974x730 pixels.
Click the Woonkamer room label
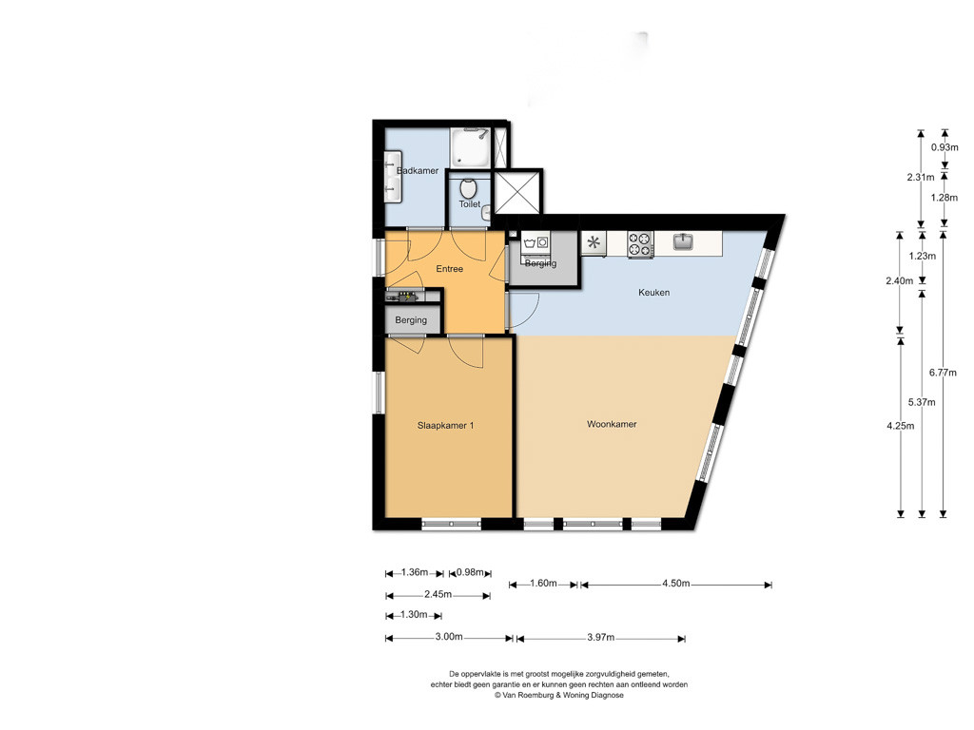tap(612, 424)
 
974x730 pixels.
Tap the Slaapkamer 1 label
tap(445, 425)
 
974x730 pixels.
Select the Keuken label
tap(654, 293)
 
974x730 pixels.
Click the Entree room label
tap(449, 269)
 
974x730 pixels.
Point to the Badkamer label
tap(418, 171)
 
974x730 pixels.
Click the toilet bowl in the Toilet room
tap(468, 188)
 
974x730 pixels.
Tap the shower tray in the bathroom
tap(470, 147)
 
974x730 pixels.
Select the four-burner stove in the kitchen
tap(640, 244)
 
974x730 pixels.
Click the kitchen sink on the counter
tap(683, 240)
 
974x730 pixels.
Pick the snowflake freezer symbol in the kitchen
tap(594, 242)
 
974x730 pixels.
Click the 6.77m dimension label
tap(943, 373)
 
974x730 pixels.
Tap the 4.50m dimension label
tap(676, 584)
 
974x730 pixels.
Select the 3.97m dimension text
tap(601, 638)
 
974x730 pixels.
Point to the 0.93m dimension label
tap(945, 147)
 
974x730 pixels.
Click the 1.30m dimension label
tap(414, 615)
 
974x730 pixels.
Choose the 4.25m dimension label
tap(900, 426)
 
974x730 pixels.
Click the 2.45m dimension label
tap(438, 595)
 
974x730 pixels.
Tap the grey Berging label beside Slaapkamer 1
tap(411, 320)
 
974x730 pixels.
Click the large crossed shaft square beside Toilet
tap(517, 191)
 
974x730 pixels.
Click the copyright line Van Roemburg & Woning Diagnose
tap(559, 695)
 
